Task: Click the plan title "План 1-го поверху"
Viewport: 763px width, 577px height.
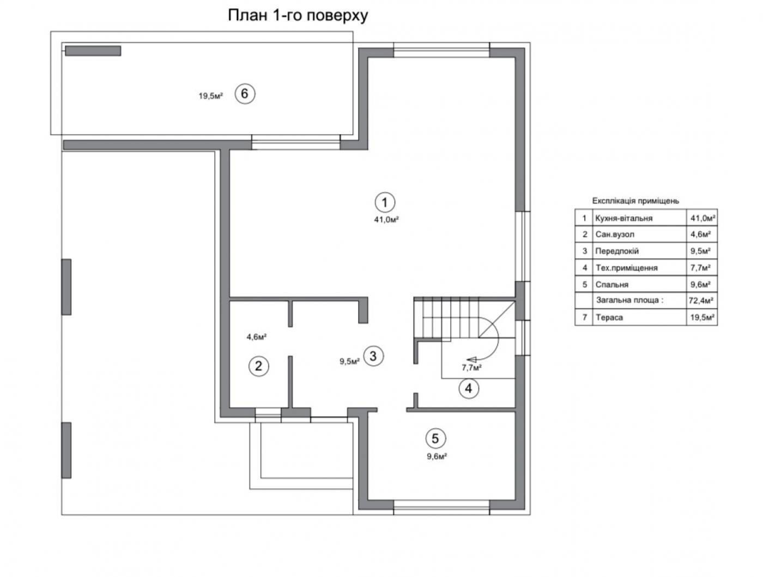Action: click(x=298, y=16)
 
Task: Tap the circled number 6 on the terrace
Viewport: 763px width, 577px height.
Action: click(x=245, y=94)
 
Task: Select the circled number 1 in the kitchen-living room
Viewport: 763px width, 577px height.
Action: click(x=384, y=202)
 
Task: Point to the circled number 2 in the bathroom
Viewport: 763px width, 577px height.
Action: click(x=259, y=366)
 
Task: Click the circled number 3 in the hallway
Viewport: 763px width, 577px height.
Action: click(x=373, y=356)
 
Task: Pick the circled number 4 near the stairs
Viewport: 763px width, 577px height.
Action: click(x=469, y=388)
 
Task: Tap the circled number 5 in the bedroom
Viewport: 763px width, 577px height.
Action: click(x=435, y=438)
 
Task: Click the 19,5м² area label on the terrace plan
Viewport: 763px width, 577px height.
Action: click(x=211, y=95)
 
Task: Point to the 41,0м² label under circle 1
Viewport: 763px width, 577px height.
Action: click(x=386, y=219)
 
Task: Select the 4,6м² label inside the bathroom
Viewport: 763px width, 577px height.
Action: click(x=257, y=336)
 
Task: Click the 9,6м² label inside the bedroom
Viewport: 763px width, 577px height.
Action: click(x=437, y=456)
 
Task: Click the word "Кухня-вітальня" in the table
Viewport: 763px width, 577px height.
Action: click(x=623, y=218)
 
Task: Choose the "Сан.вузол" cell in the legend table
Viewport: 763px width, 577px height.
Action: click(x=615, y=235)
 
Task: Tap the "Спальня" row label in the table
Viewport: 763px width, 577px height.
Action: click(x=612, y=285)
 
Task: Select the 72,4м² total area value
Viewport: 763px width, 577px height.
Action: click(x=701, y=300)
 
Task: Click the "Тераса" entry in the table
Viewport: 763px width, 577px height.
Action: click(x=609, y=317)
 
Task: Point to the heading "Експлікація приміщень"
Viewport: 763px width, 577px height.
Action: click(x=635, y=201)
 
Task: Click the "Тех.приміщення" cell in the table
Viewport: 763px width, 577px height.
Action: click(x=626, y=268)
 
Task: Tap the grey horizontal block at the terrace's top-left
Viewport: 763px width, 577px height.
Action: click(x=93, y=51)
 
